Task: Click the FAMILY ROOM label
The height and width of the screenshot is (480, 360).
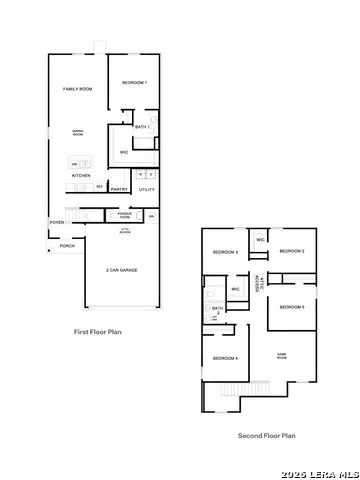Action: tap(79, 89)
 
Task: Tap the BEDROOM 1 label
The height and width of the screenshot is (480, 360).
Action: tap(134, 82)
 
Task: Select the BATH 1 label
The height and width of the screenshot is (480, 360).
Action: tap(142, 127)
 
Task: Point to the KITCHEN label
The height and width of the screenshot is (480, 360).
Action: tap(81, 176)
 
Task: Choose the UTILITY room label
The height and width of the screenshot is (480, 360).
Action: tap(146, 188)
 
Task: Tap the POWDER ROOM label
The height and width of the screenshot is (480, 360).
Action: tap(125, 214)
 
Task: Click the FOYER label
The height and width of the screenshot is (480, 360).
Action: tap(57, 222)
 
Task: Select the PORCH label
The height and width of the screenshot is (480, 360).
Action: tap(67, 245)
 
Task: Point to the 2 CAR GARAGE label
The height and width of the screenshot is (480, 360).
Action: tap(122, 270)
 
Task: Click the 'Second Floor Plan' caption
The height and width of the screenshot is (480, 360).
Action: tap(266, 435)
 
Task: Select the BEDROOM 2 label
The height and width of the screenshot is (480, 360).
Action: tap(291, 251)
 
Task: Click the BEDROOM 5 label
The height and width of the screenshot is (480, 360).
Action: tap(292, 306)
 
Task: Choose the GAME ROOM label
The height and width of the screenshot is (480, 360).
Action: tap(288, 354)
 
